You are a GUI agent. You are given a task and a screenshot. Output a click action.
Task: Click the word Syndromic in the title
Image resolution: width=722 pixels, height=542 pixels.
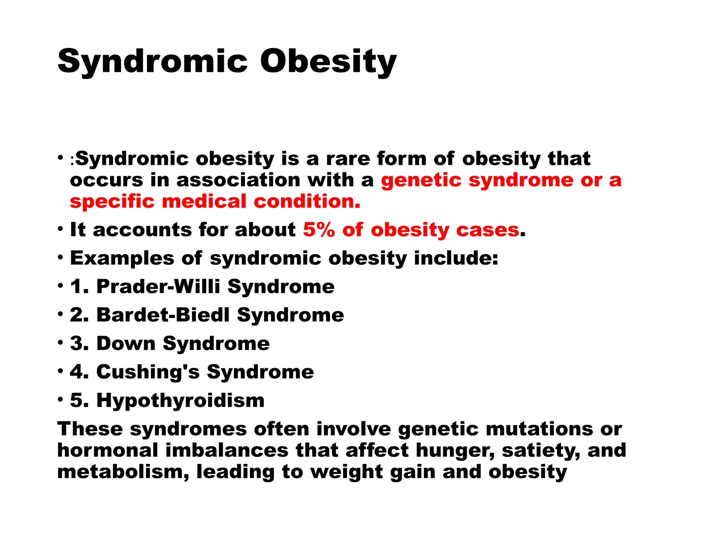click(x=153, y=61)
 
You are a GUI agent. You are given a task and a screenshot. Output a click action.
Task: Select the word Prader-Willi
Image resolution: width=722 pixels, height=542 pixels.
click(x=158, y=286)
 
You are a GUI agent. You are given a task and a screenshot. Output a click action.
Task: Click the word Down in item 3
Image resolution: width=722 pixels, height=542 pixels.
click(x=126, y=343)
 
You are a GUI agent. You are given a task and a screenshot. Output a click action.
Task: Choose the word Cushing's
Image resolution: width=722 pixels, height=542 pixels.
click(x=148, y=372)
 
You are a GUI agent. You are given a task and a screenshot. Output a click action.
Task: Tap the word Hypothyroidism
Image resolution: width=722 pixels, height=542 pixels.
click(x=180, y=401)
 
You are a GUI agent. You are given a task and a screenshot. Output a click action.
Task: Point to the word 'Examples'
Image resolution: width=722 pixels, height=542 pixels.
click(x=122, y=258)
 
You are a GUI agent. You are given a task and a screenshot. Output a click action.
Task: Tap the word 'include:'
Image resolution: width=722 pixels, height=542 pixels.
click(x=456, y=258)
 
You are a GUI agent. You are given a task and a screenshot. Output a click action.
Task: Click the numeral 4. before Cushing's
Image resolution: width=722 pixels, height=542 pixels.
click(x=79, y=372)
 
